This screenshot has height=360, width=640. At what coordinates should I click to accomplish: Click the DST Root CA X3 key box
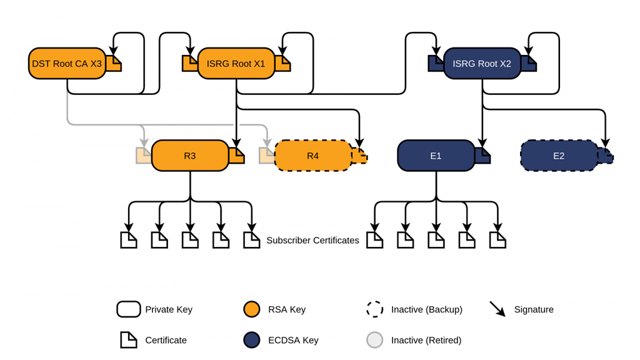coord(67,64)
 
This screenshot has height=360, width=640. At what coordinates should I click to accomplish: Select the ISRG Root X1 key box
coord(236,64)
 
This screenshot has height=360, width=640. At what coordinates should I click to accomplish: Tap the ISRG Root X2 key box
coord(482,64)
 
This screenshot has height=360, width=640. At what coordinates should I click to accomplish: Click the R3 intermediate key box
coord(190,156)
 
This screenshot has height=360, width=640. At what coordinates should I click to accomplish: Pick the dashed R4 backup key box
coord(313,156)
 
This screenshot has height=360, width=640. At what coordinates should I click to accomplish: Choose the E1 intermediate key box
coord(436,156)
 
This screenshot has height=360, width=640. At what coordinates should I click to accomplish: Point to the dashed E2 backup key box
coord(559,156)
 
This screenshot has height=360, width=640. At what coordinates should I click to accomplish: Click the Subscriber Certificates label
coord(312,240)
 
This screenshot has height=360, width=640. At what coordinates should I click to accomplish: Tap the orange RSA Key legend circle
coord(251,309)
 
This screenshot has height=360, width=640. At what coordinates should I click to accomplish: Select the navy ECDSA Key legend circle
coord(251,340)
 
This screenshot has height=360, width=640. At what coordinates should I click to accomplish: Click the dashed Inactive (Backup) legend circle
coord(374,309)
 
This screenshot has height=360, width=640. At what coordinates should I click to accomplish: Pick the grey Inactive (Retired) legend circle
coord(374,340)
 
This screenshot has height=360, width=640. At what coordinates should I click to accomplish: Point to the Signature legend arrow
coord(497,309)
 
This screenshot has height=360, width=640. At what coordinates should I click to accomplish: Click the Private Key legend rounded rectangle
coord(128,309)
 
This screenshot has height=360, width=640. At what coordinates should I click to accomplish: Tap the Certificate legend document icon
coord(128,340)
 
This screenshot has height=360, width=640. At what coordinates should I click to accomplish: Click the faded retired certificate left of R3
coord(144,156)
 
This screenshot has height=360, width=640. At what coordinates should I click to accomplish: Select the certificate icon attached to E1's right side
coord(482,156)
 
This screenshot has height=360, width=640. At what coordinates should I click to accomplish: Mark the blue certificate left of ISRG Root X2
coord(436,63)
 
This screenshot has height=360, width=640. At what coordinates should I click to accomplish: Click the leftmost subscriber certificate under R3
coord(128,240)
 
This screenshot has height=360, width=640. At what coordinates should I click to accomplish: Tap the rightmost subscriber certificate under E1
coord(497,240)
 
